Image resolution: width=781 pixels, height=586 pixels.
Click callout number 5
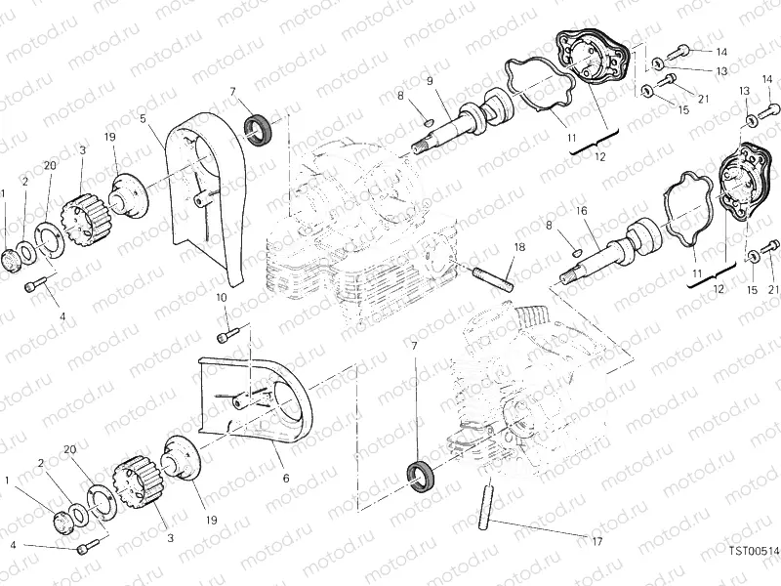(143, 119)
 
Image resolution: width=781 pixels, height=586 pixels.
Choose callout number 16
(580, 211)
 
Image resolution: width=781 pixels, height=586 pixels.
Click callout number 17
(596, 541)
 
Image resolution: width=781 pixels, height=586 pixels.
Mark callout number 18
(519, 248)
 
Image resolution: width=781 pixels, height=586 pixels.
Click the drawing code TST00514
(752, 551)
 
